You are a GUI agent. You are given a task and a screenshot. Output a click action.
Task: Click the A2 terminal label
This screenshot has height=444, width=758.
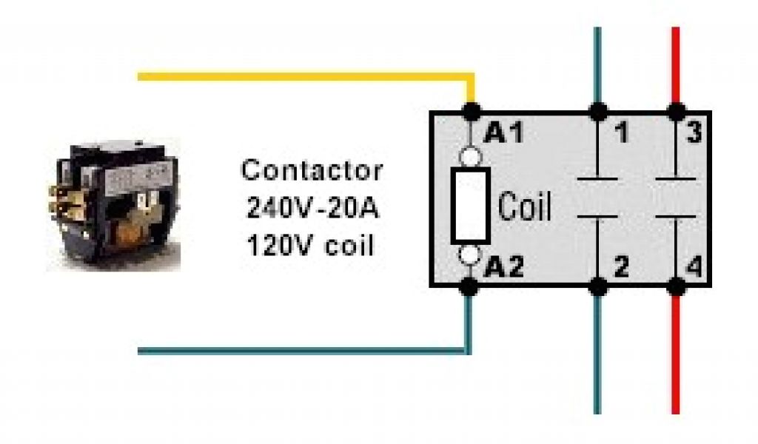(x=503, y=267)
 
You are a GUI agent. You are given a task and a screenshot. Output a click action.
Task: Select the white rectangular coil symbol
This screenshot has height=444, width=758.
(x=471, y=205)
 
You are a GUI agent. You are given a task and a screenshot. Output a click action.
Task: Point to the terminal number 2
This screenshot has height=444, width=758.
(x=622, y=267)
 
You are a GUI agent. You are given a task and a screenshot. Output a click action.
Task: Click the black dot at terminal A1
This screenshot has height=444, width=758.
(x=470, y=112)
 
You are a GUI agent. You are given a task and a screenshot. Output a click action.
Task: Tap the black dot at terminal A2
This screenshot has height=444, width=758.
(x=469, y=286)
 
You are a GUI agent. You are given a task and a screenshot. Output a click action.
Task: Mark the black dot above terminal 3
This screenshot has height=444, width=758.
(x=674, y=112)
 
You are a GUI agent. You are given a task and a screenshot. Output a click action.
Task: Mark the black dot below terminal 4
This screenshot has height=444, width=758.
(x=674, y=286)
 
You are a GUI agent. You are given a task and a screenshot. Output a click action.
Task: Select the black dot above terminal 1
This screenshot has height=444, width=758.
(x=597, y=112)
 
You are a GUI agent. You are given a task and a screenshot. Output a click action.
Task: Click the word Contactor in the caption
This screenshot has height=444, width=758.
(x=312, y=170)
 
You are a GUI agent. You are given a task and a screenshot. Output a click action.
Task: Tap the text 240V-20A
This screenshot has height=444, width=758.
(x=312, y=208)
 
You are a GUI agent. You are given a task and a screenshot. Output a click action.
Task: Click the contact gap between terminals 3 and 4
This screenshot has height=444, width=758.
(x=674, y=198)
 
